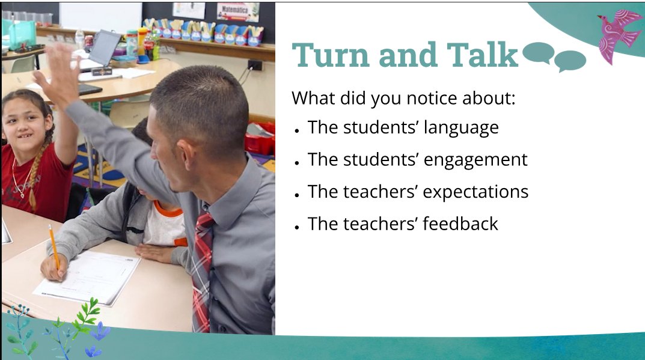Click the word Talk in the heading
(x=485, y=55)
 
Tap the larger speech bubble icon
(x=537, y=52)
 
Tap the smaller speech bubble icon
(x=569, y=61)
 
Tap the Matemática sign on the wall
(x=237, y=11)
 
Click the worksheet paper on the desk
(x=90, y=276)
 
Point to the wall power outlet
(x=254, y=65)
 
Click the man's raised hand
(x=58, y=72)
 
